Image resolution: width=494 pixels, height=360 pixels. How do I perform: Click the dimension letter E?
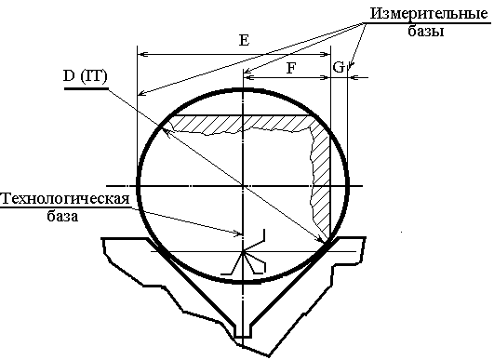(245, 40)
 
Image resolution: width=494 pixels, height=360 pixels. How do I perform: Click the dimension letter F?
(291, 68)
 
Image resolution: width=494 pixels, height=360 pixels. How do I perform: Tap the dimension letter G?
(339, 67)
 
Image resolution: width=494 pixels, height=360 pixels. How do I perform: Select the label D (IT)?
(85, 76)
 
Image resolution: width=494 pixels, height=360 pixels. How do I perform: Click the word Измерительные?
(429, 14)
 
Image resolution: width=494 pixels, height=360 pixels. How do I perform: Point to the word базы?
(426, 31)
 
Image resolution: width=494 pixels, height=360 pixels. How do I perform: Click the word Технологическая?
(65, 199)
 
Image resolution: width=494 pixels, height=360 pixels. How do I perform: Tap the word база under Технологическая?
(62, 216)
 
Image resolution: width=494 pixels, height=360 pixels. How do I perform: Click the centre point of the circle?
(243, 186)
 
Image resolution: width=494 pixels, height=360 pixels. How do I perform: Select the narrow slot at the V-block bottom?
(243, 331)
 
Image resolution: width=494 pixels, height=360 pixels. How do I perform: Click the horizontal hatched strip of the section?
(243, 124)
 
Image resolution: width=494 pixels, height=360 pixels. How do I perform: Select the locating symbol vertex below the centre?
(243, 252)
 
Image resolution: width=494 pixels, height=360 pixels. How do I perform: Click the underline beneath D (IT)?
(86, 88)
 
